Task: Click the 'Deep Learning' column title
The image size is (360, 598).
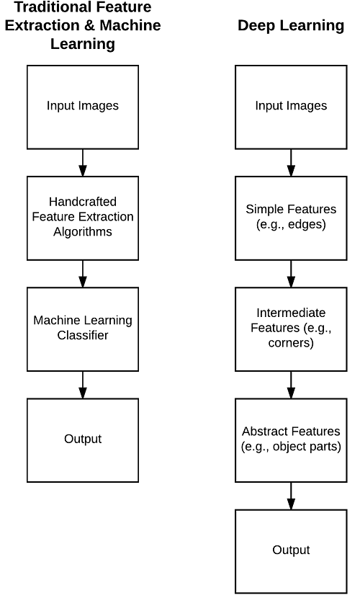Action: coord(291,25)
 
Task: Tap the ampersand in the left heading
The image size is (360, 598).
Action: coord(89,25)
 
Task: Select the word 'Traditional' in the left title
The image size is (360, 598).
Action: coord(45,7)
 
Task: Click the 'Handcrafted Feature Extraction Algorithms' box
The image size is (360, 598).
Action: coord(83,218)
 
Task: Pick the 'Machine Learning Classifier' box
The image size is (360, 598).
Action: coord(83,329)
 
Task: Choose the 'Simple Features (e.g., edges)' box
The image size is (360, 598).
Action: coord(291,218)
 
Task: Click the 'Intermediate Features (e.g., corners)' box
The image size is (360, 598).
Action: coord(291,329)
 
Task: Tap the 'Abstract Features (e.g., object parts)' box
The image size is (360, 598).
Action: coord(291,440)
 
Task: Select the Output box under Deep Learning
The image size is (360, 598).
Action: coord(291,551)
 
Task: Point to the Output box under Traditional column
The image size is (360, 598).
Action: coord(83,440)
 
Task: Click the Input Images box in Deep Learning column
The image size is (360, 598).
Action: coord(291,107)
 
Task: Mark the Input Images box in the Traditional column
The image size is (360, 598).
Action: coord(83,107)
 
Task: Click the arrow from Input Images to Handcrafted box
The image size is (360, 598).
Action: coord(83,163)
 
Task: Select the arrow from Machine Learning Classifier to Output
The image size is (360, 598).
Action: coord(83,385)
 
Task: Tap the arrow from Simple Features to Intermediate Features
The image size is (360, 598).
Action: coord(291,274)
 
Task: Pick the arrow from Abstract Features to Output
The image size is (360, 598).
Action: coord(291,496)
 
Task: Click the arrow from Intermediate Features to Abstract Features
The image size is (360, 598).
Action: coord(291,385)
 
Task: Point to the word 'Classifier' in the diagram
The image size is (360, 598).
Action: coord(83,335)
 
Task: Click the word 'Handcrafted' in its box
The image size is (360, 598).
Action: coord(83,201)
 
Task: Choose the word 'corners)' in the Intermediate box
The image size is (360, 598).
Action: coord(291,343)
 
